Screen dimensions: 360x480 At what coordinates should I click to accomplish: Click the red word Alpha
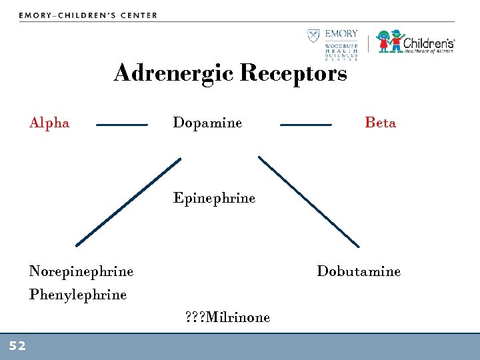click(49, 123)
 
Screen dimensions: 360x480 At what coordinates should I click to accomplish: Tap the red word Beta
click(380, 123)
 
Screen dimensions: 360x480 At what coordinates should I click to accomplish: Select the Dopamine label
click(207, 123)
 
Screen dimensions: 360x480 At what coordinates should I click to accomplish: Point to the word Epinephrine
click(214, 198)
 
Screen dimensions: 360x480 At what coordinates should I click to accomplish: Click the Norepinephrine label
click(81, 271)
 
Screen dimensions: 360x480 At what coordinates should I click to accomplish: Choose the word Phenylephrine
click(78, 295)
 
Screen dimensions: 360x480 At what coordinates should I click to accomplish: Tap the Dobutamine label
click(359, 271)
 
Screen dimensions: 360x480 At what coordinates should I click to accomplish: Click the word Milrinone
click(238, 317)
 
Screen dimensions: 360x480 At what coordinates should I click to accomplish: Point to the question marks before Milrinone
click(195, 317)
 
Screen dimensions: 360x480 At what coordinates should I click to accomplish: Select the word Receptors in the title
click(293, 73)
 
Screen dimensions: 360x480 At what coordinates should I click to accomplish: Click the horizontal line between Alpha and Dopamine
click(122, 125)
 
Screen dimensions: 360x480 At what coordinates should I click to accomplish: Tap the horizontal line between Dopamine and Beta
click(305, 125)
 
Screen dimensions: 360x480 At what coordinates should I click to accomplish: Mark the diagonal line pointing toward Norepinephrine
click(128, 202)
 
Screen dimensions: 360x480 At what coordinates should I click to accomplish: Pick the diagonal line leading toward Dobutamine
click(309, 202)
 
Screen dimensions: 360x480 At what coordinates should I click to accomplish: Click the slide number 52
click(17, 345)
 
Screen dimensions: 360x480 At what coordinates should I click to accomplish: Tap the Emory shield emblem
click(313, 36)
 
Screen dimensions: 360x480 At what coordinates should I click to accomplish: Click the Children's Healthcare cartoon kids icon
click(391, 41)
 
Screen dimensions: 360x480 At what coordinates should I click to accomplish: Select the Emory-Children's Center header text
click(88, 15)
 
